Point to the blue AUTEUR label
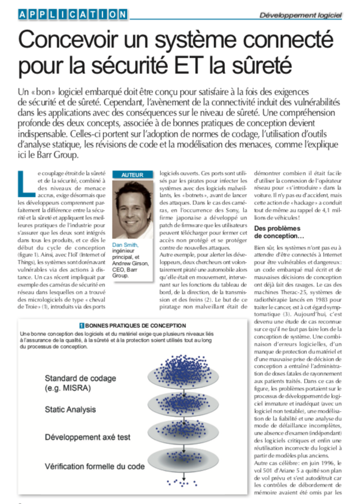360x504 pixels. [133, 175]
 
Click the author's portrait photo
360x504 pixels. [133, 210]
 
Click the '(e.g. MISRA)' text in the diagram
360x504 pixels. [68, 388]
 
